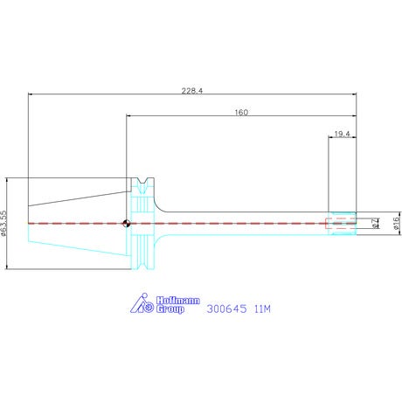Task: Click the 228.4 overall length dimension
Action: [192, 91]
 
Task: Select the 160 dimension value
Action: [241, 112]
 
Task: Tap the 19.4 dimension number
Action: [342, 134]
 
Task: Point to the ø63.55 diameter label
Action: [3, 223]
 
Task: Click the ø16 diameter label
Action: [397, 223]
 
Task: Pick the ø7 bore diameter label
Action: [376, 223]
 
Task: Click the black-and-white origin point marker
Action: [127, 224]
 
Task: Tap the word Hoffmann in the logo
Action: [178, 301]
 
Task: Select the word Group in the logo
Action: [170, 308]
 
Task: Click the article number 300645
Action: [227, 308]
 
